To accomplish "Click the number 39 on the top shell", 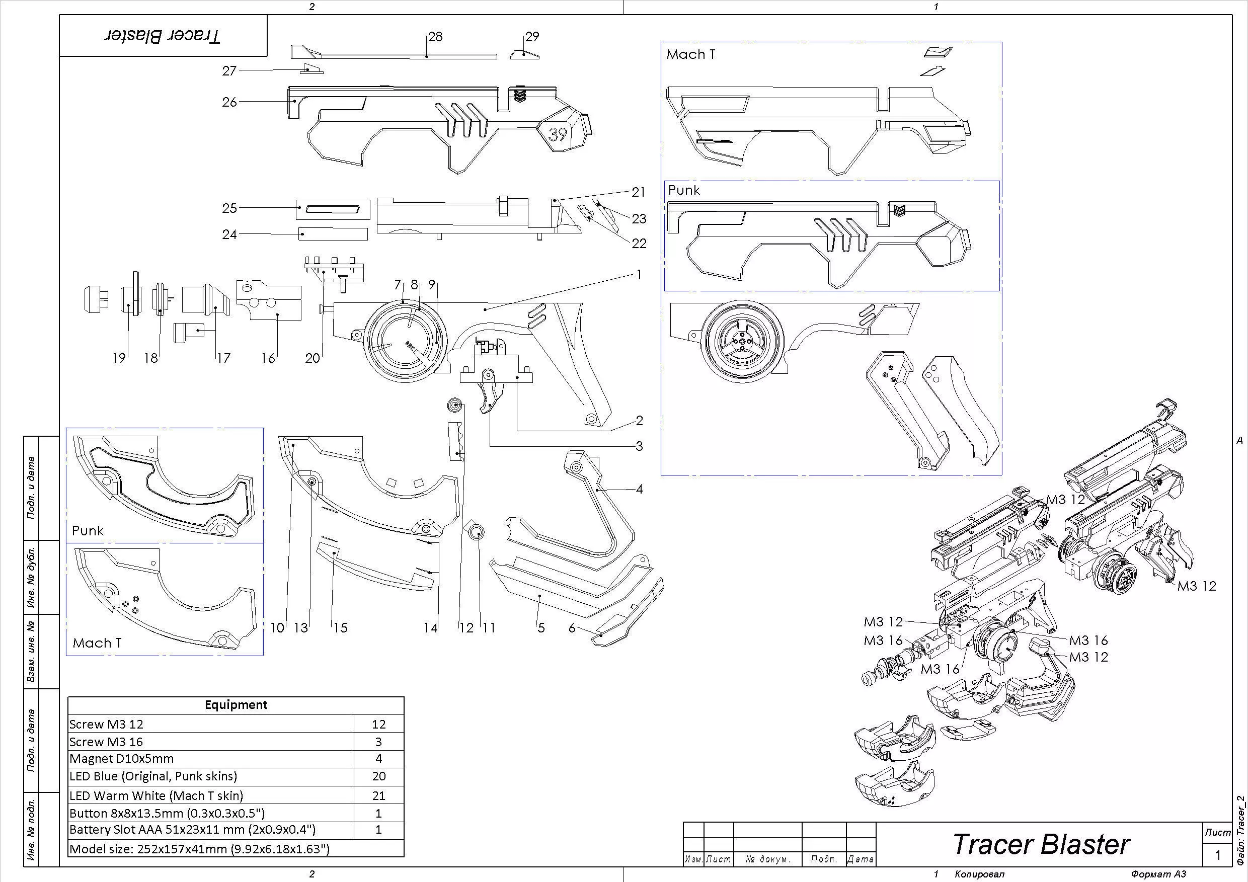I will [558, 134].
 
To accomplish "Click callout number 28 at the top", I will [435, 36].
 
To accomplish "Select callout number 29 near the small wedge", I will [531, 36].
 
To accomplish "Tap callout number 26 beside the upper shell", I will [229, 102].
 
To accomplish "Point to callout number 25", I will [229, 208].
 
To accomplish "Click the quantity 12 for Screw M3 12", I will [378, 724].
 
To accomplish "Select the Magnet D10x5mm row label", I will [122, 758].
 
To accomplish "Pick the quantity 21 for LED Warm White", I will [378, 795].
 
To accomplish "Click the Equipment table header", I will [236, 705].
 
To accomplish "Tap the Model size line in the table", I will [199, 849].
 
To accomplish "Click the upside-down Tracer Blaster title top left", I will [163, 36].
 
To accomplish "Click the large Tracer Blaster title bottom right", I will [1040, 844].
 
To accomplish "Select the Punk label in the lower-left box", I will [88, 530].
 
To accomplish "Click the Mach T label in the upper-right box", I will [691, 54].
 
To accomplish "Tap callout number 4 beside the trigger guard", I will [639, 489].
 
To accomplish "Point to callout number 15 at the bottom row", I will [340, 628].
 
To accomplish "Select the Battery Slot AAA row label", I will [192, 829].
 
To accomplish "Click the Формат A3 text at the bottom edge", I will [1158, 874].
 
